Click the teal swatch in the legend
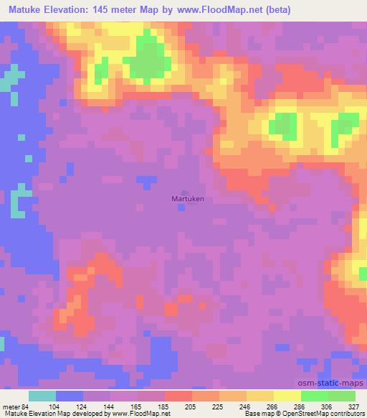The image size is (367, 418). pos(42,396)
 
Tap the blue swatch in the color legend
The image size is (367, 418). pos(70,396)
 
